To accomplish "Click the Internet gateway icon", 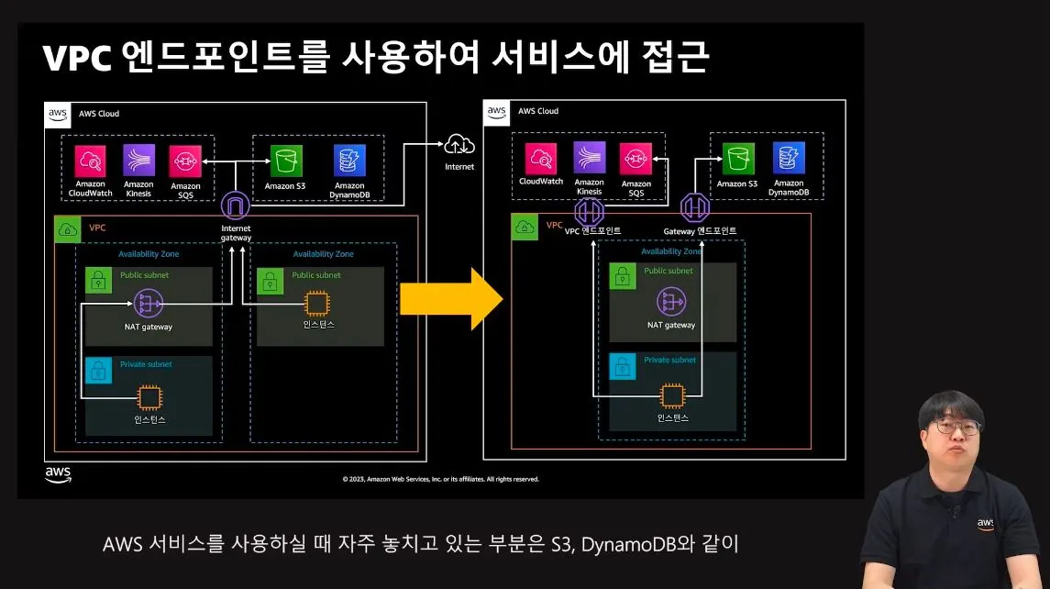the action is tap(235, 205).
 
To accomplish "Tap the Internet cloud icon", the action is tap(459, 144).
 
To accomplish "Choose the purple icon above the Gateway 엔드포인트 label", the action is tap(694, 208).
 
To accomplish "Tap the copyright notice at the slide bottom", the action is tap(440, 479).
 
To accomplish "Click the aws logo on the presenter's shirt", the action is tap(985, 523).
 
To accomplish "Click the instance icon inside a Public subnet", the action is tap(317, 303).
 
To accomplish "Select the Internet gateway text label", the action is tap(236, 233).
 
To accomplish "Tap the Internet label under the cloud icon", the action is tap(459, 167).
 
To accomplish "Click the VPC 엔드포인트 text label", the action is tap(592, 230).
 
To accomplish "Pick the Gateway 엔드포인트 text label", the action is tap(700, 230).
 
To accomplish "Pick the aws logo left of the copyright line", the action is tap(58, 473).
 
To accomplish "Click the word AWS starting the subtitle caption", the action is tap(122, 544).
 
